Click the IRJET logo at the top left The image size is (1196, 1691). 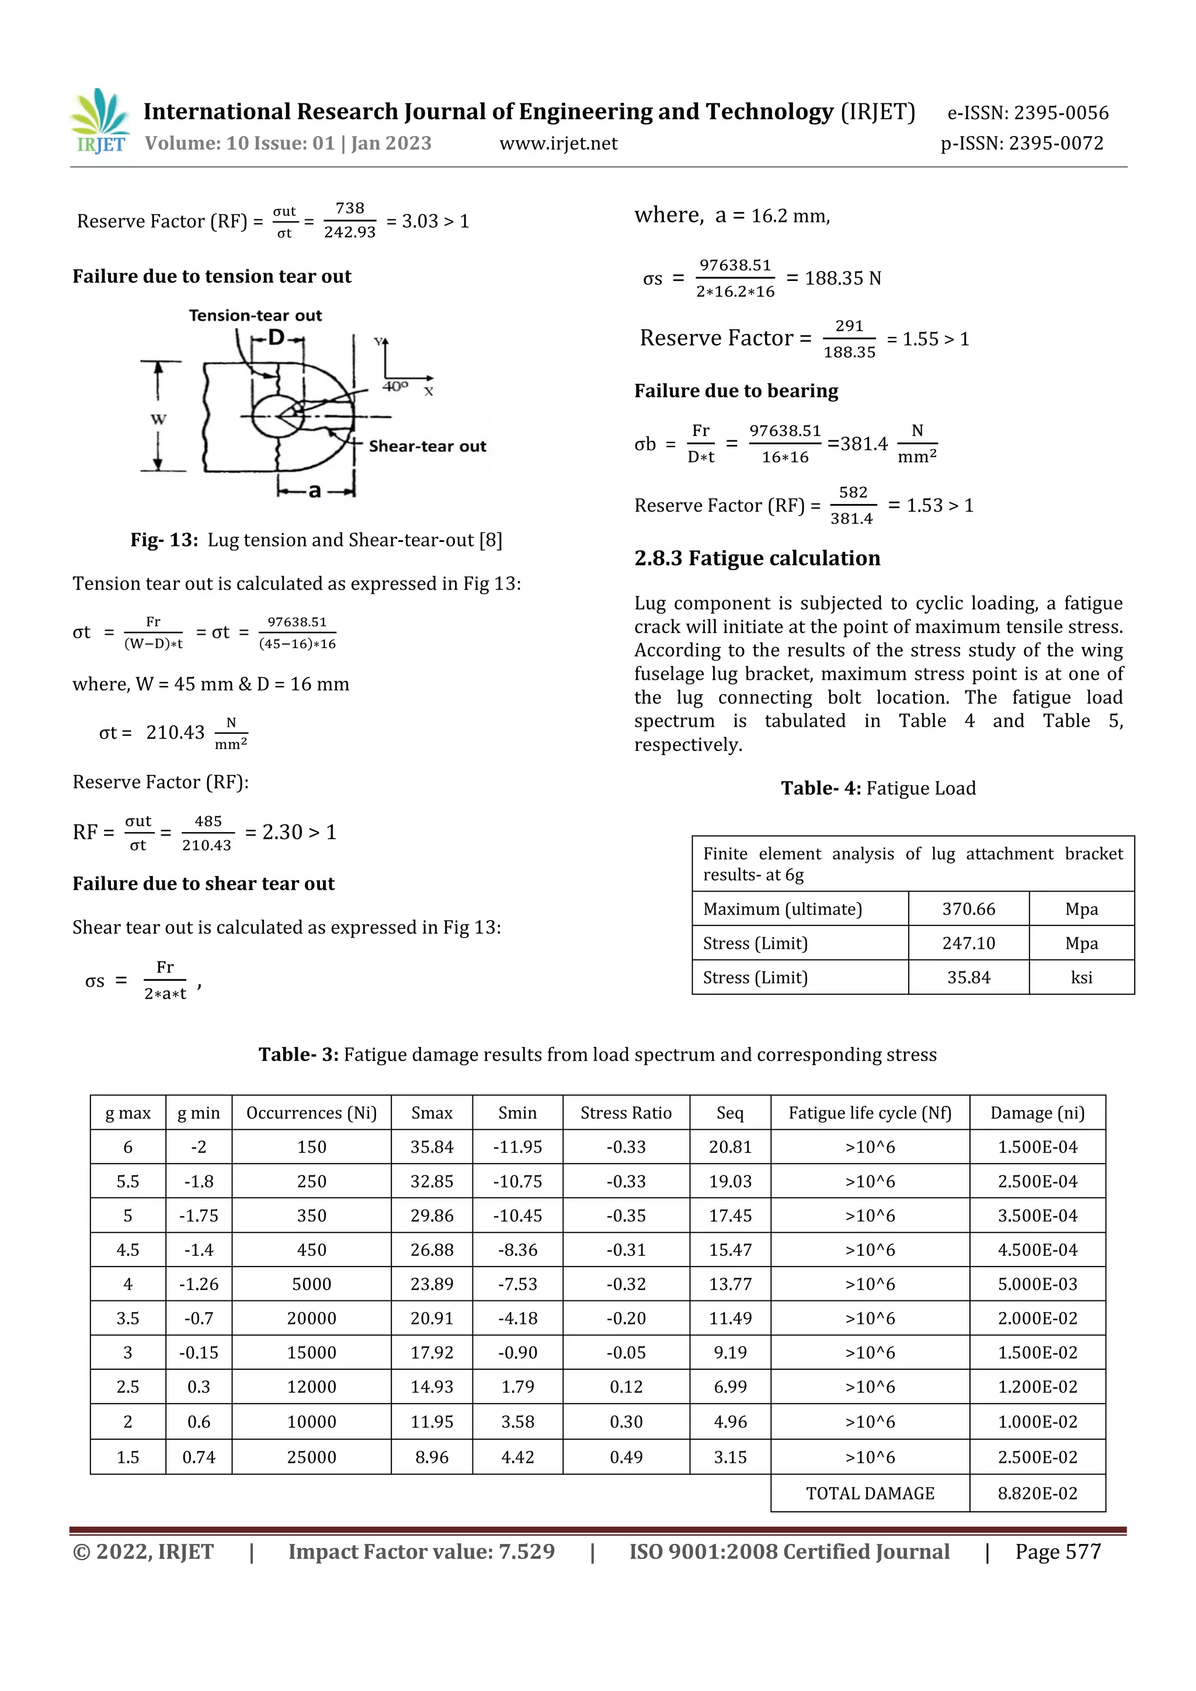[x=101, y=121]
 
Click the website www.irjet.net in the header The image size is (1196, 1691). [x=558, y=144]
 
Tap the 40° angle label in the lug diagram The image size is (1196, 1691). [x=395, y=386]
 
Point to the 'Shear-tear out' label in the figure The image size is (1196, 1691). [x=427, y=446]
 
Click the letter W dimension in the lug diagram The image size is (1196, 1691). [x=158, y=419]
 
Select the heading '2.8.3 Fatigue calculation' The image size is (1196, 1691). [x=757, y=558]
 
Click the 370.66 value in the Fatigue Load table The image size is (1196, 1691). [x=968, y=909]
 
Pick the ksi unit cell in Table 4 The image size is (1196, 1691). [x=1081, y=977]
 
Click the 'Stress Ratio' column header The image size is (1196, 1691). [x=626, y=1113]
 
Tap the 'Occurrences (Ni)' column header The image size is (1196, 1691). [x=311, y=1113]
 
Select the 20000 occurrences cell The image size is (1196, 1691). [x=311, y=1318]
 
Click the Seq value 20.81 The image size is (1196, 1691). [x=730, y=1147]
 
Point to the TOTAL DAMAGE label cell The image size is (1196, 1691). [x=870, y=1493]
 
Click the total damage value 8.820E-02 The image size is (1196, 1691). [x=1037, y=1493]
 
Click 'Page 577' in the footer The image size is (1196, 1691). [x=1058, y=1552]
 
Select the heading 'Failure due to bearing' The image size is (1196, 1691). [x=736, y=391]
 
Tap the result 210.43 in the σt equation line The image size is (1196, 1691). [x=175, y=733]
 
